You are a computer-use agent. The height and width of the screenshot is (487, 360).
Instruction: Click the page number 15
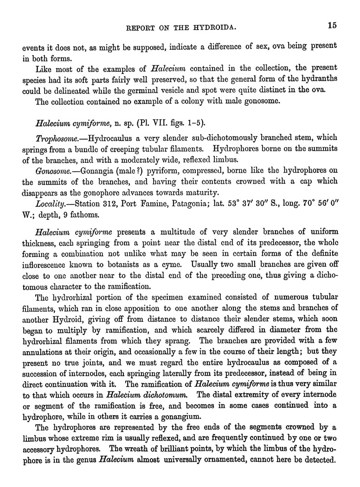[x=331, y=26]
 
